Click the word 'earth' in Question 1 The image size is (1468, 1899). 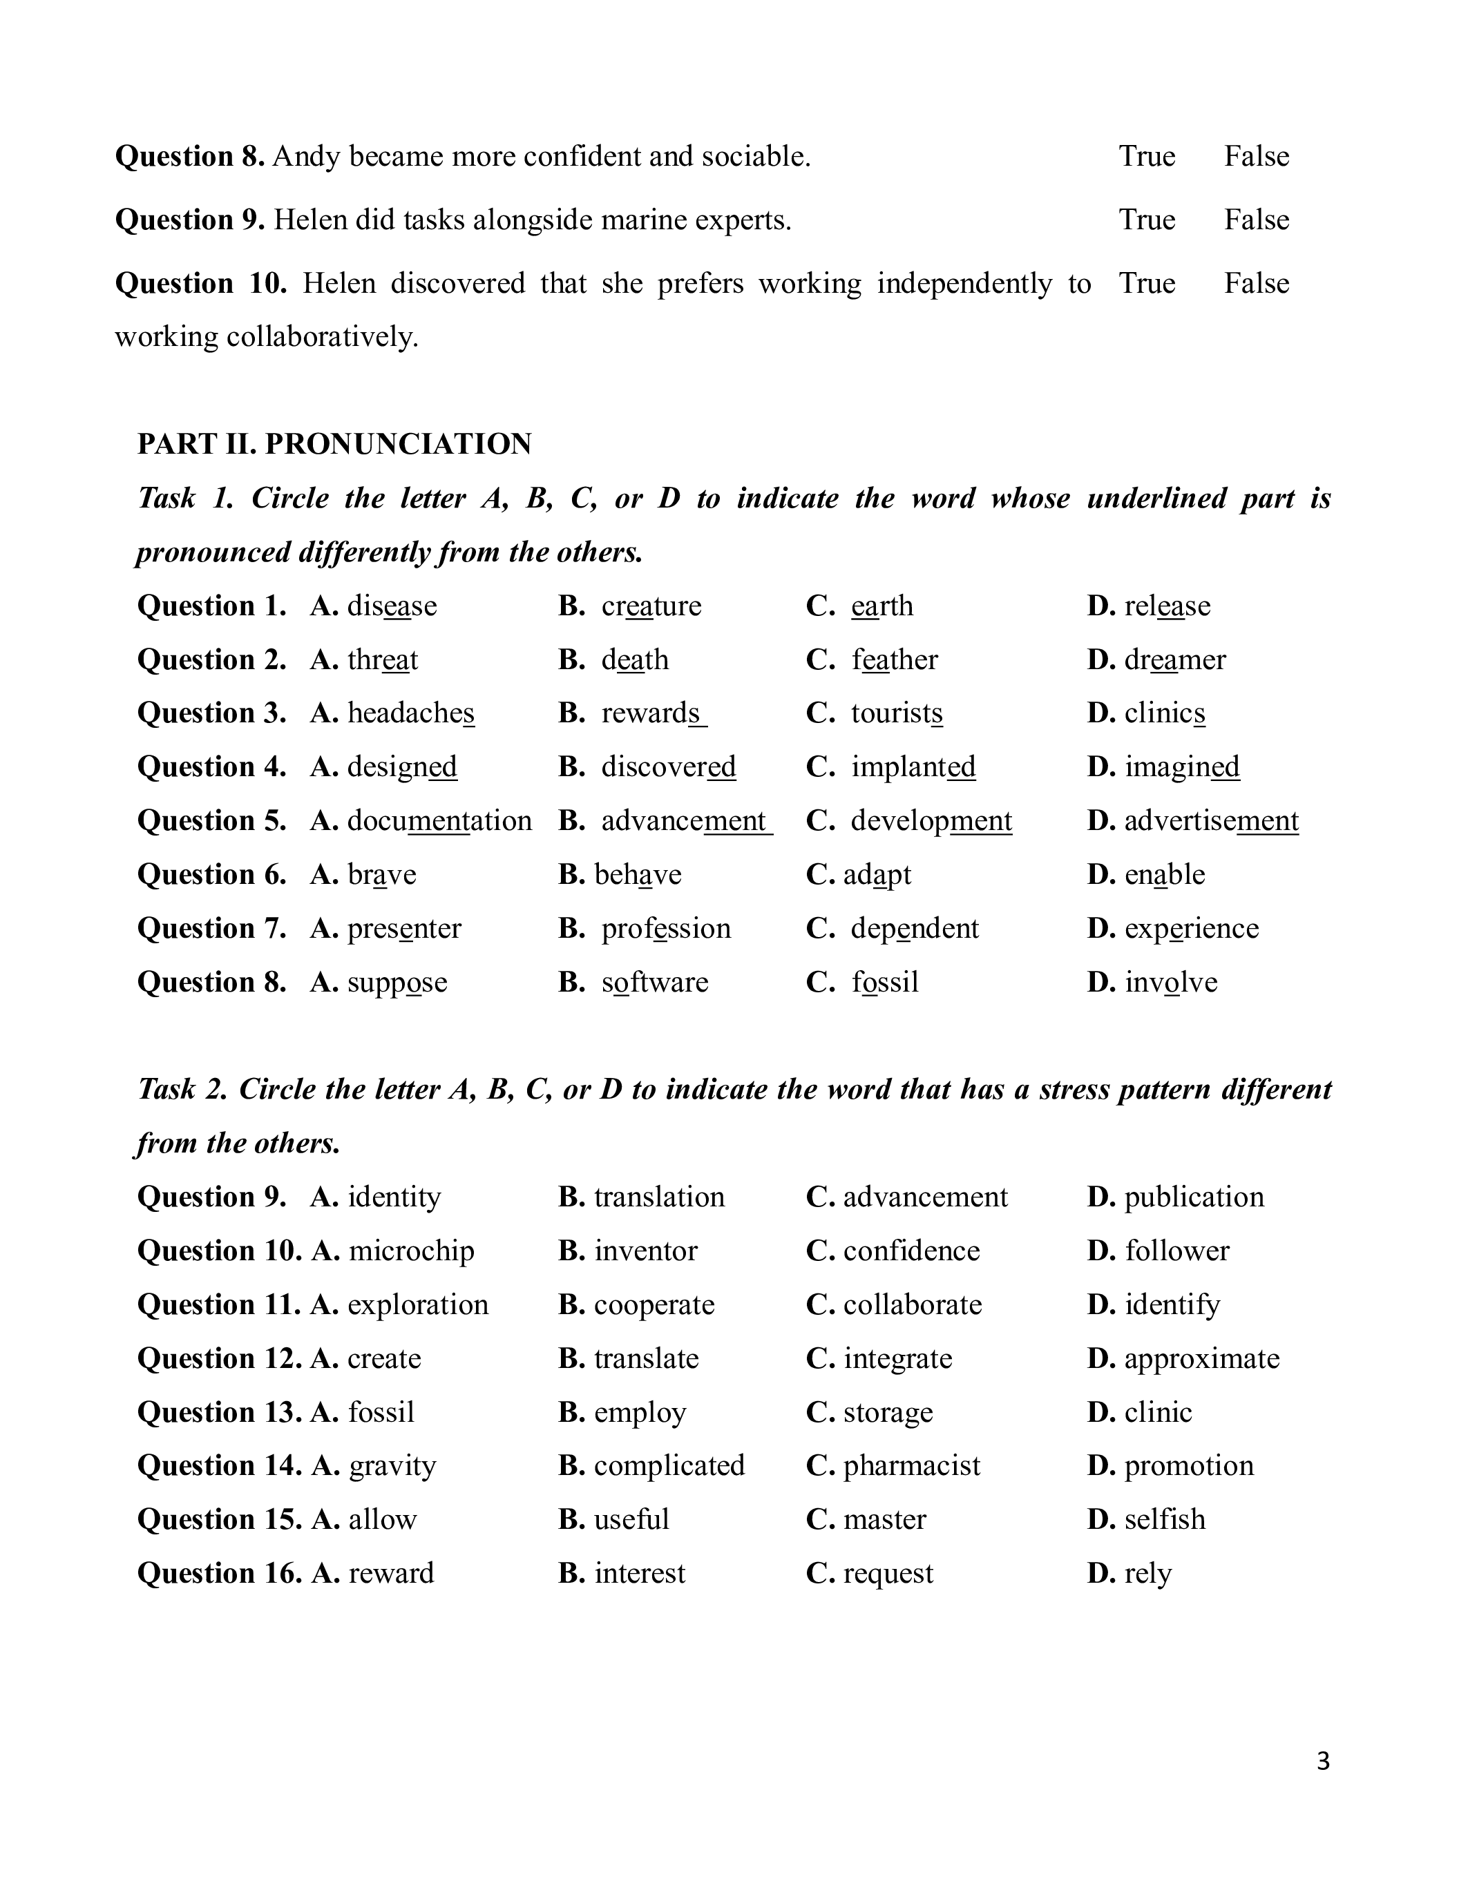[882, 606]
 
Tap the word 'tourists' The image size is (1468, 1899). [897, 713]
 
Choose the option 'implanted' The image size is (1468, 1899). [913, 767]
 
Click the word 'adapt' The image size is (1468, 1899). [877, 875]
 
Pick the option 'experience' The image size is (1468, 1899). [1192, 929]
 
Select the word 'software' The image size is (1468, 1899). [655, 983]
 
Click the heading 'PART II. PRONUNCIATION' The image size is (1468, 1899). [335, 444]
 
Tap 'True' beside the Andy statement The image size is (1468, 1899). [1146, 157]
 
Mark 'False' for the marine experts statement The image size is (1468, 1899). [1256, 220]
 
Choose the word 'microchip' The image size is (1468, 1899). [411, 1251]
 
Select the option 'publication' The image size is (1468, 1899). [1194, 1197]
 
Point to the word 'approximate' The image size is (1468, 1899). [1202, 1359]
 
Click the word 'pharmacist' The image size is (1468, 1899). [911, 1466]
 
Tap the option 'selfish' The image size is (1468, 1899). [1165, 1520]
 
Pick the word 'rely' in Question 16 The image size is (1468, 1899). [1148, 1574]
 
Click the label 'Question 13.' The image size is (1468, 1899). [219, 1412]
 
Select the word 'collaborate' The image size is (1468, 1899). [913, 1305]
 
